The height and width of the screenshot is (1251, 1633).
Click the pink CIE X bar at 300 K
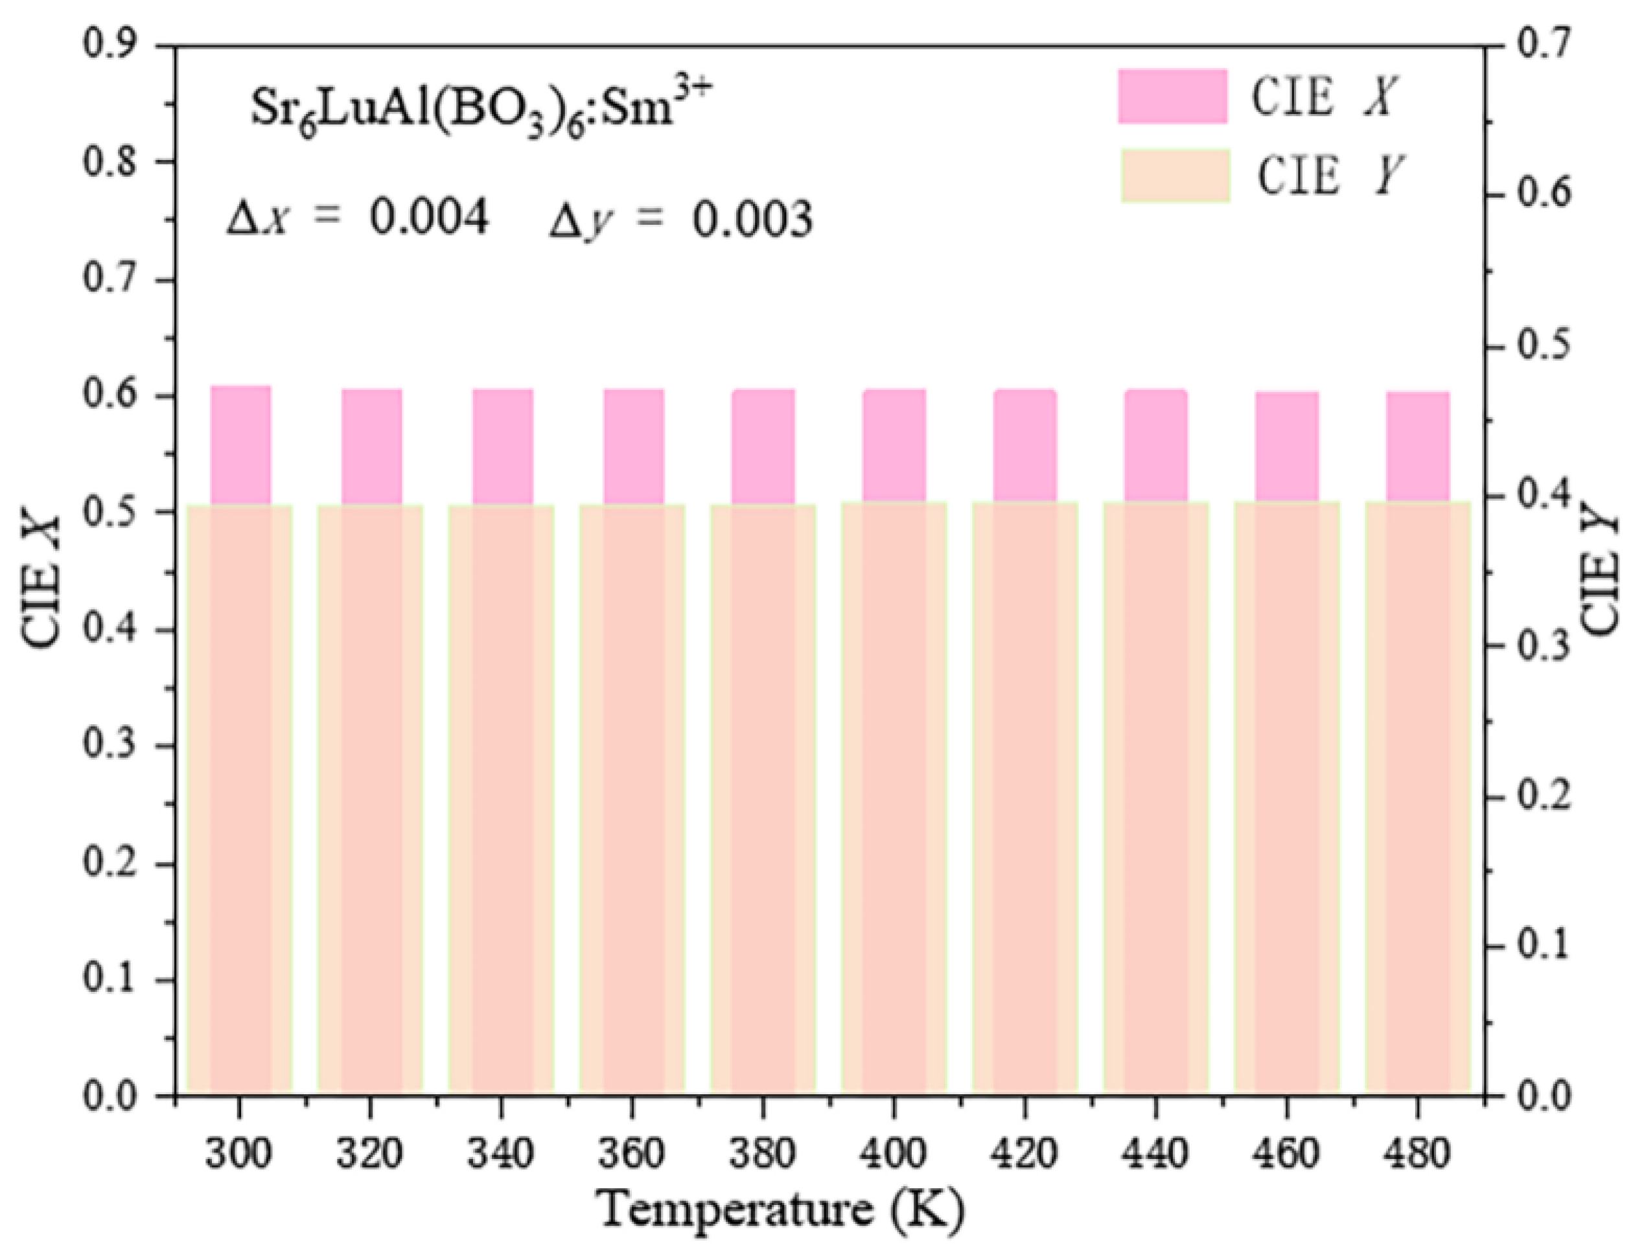click(240, 445)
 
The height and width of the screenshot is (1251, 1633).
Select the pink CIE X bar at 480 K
click(1417, 447)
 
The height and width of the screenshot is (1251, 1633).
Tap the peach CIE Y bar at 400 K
click(894, 797)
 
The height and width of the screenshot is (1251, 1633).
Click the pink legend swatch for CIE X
click(1172, 96)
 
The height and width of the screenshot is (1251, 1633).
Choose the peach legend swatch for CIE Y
click(1174, 176)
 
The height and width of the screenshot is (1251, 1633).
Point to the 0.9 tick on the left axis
click(165, 45)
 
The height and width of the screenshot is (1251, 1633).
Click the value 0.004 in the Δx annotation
click(430, 218)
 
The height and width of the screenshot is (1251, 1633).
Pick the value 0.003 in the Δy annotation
click(752, 220)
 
